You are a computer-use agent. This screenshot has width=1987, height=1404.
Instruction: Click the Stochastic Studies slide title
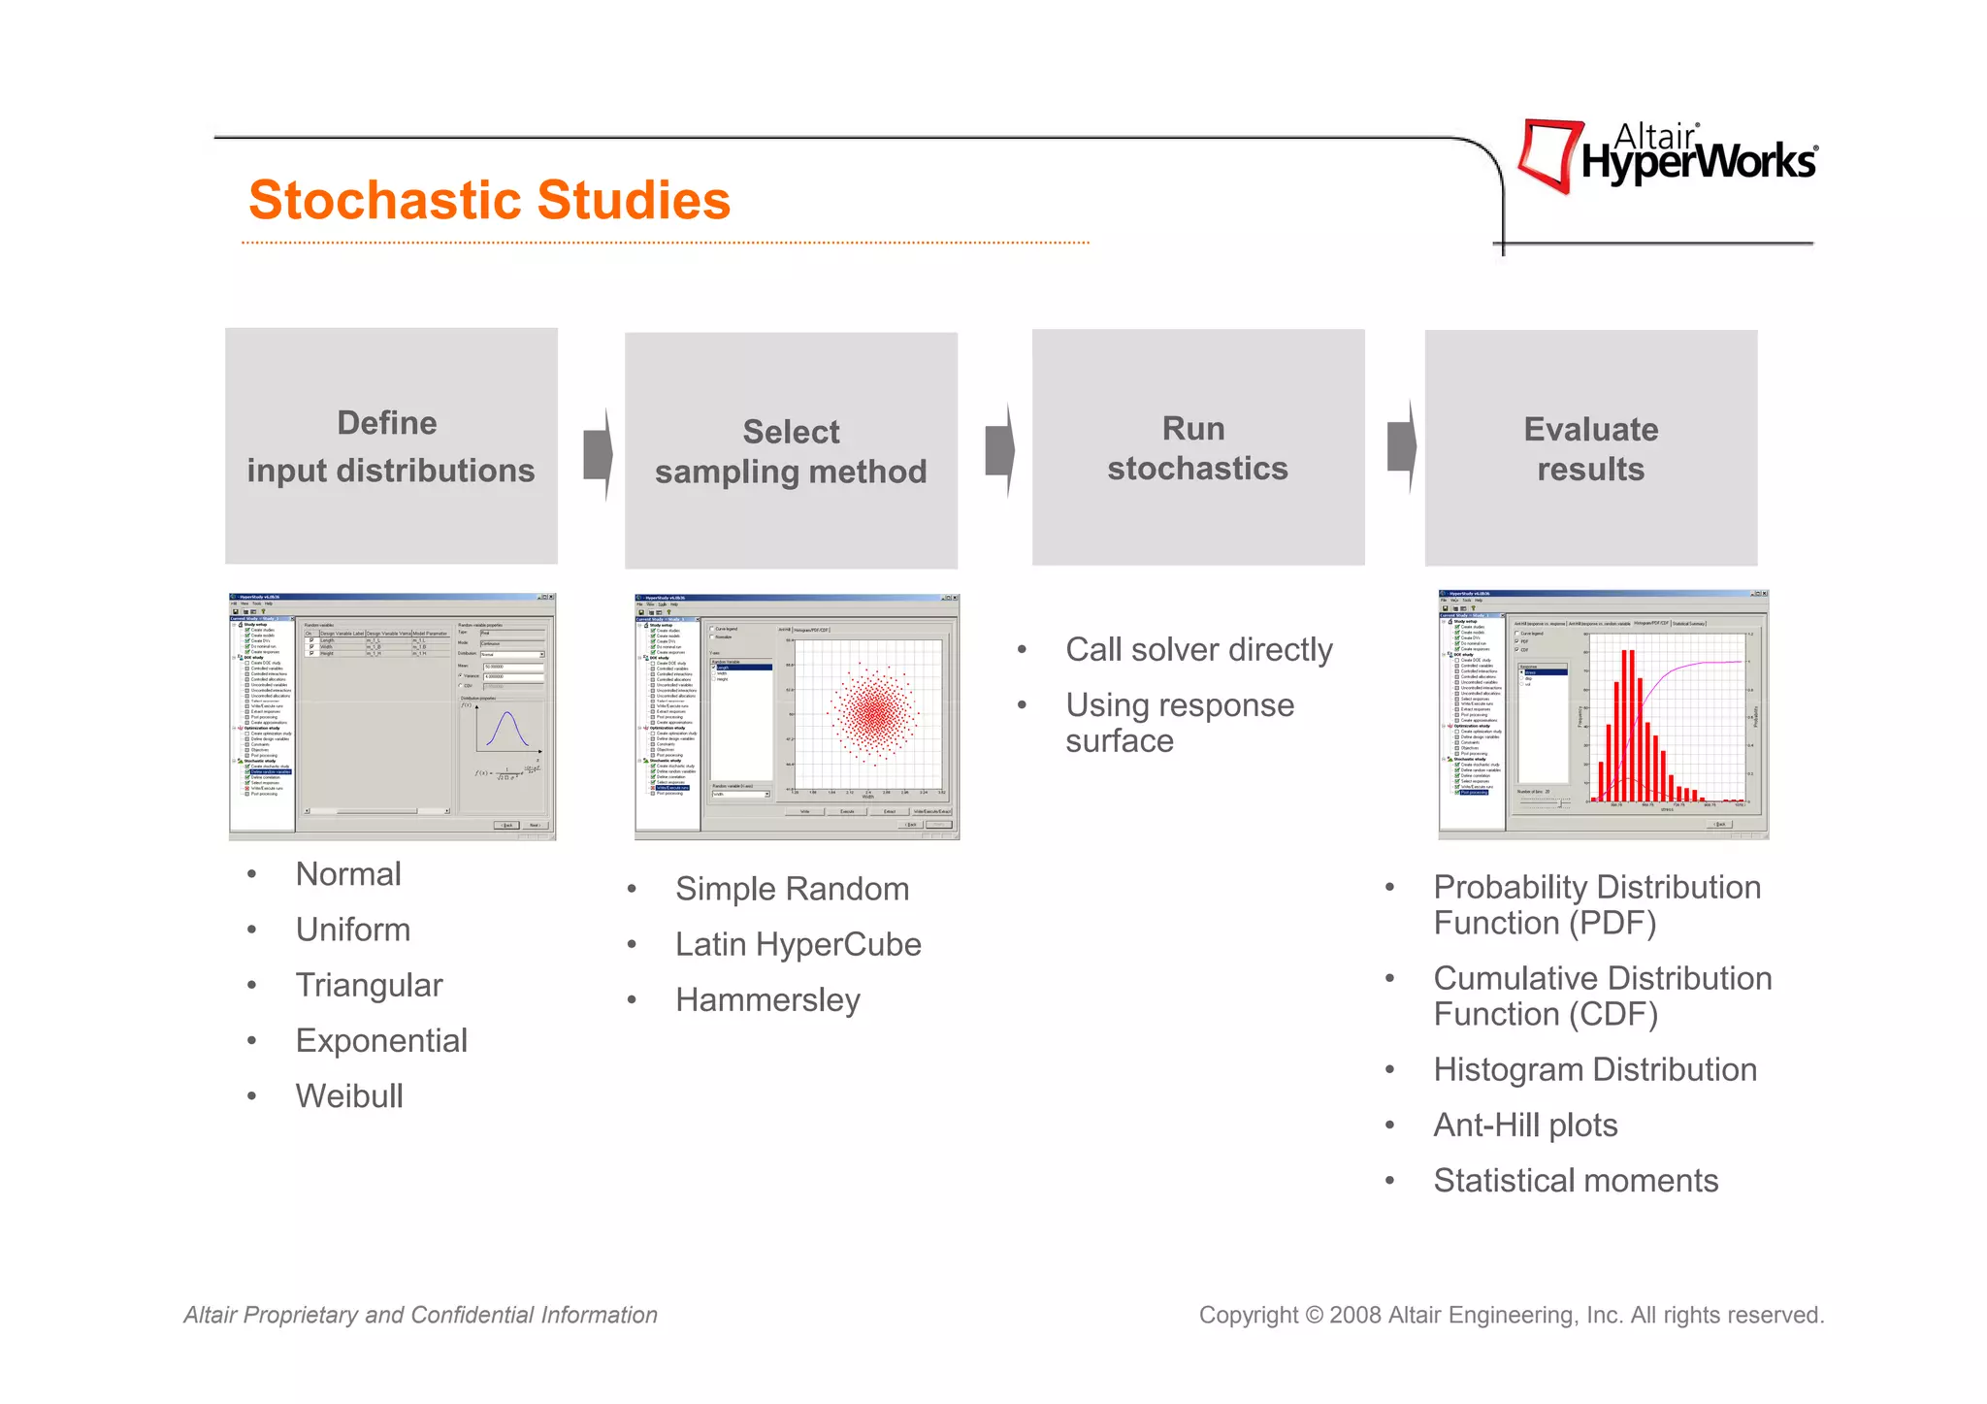[489, 200]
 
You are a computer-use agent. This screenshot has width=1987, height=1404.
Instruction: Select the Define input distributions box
[391, 446]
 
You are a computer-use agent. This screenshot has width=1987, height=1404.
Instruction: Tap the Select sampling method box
[791, 451]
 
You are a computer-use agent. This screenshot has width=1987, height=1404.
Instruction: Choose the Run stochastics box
[1197, 447]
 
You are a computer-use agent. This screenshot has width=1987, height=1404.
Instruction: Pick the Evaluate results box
[1590, 448]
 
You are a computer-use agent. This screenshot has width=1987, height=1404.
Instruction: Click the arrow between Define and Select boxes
[598, 453]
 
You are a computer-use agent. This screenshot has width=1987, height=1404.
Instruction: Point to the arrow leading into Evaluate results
[1401, 447]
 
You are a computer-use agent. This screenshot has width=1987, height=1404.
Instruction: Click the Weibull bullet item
[349, 1096]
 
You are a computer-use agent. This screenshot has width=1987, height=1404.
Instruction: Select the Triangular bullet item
[369, 986]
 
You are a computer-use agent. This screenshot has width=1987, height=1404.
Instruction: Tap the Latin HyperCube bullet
[798, 945]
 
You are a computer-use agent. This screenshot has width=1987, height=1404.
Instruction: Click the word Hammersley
[767, 1000]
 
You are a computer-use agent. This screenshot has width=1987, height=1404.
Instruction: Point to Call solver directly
[1198, 650]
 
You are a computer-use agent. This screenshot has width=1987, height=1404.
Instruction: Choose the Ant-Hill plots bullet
[1525, 1126]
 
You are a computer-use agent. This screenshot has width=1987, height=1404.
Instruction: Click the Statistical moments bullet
[1576, 1181]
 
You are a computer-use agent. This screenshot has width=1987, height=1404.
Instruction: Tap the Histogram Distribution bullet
[1595, 1070]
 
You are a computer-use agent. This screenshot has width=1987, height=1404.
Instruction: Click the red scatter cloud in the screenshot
[874, 714]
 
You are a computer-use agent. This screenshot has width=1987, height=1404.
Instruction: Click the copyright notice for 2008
[1511, 1316]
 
